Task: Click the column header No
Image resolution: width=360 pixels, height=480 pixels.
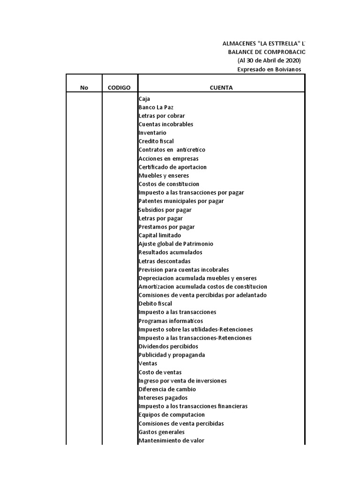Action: (x=84, y=88)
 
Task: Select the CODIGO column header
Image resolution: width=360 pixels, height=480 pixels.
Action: (x=119, y=88)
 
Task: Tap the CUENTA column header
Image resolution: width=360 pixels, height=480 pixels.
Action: (x=221, y=88)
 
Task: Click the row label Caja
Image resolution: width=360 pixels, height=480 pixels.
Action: (x=144, y=99)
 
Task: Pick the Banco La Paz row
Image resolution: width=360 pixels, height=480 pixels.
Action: (x=156, y=107)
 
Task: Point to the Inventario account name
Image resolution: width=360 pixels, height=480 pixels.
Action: (x=152, y=133)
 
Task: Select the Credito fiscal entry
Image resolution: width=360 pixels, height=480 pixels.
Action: (x=156, y=142)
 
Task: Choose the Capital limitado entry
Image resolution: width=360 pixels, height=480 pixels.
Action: (x=160, y=235)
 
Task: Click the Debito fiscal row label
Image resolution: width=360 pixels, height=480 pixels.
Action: (x=155, y=304)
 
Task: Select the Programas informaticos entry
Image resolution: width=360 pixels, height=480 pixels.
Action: (x=171, y=321)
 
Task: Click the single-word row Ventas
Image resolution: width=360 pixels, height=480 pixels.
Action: (x=148, y=364)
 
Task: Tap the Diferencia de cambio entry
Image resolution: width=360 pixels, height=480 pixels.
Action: (x=167, y=390)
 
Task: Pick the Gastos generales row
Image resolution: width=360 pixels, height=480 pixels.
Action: (x=161, y=432)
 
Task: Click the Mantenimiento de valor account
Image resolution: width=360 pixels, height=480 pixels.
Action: (x=171, y=441)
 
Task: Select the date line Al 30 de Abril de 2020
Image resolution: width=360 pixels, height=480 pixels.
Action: (x=269, y=61)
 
